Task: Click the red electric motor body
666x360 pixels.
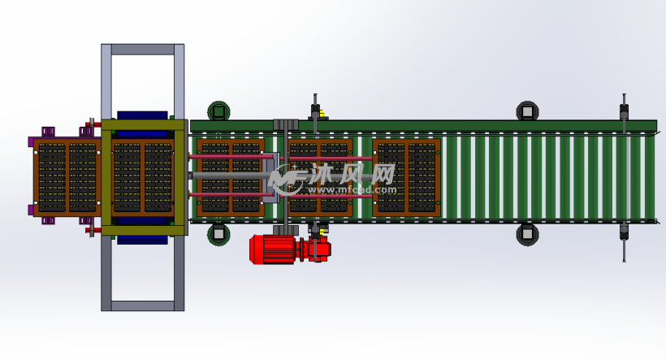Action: [272, 249]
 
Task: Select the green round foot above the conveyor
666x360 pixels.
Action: [218, 111]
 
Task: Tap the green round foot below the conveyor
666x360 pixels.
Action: [218, 234]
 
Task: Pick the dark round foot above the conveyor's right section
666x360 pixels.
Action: [528, 111]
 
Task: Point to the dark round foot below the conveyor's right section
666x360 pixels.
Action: [528, 234]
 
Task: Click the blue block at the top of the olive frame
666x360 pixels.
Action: [142, 115]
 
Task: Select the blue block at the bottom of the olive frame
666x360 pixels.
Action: [142, 241]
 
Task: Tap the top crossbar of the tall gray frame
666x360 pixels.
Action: [143, 50]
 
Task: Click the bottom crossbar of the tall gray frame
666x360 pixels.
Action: [143, 306]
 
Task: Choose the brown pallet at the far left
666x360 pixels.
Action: [67, 177]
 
